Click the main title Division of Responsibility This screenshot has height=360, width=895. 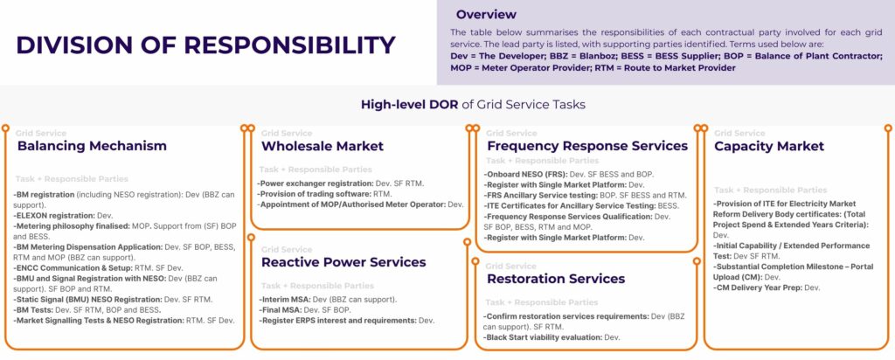click(205, 45)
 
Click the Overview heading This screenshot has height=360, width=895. click(486, 15)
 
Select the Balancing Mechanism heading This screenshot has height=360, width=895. click(92, 146)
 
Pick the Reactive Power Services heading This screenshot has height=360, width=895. click(343, 262)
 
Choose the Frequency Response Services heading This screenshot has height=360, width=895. click(587, 146)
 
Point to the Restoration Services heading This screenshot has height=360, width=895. click(556, 279)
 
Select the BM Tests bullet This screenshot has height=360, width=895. click(87, 309)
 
